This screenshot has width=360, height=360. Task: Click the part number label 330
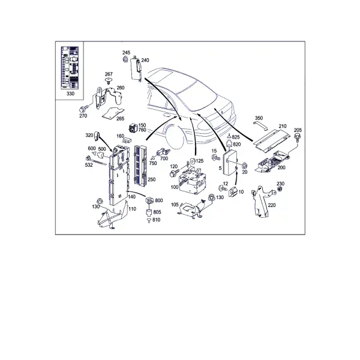tap(70, 94)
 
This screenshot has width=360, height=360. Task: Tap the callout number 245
tap(126, 53)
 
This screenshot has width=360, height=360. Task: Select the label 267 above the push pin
tap(109, 74)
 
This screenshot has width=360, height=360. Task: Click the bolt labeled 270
tap(84, 109)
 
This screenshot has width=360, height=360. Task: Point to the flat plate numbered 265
tap(113, 113)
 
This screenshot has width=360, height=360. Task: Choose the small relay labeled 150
tap(133, 127)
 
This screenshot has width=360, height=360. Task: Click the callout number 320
tap(89, 135)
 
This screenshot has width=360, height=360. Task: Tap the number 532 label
tap(89, 165)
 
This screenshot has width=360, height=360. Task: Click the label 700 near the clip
tap(164, 158)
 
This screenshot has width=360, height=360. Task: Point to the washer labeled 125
tap(192, 161)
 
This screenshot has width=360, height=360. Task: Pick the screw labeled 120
tap(174, 173)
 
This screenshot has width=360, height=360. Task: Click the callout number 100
tap(175, 187)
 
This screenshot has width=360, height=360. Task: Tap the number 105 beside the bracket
tap(175, 205)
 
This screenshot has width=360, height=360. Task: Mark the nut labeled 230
tap(280, 189)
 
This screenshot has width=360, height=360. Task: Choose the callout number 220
tap(272, 205)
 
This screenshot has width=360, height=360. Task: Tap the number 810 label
tap(156, 220)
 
